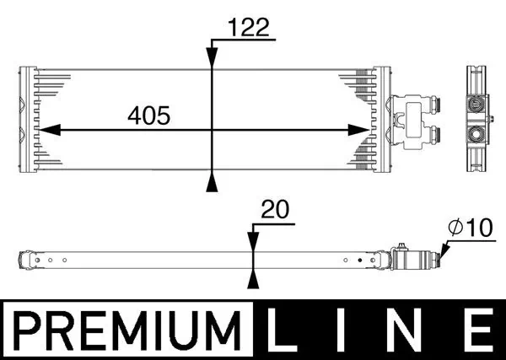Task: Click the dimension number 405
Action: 149,115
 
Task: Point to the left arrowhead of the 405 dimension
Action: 47,130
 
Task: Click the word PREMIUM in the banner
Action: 124,328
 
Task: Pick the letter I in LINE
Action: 346,328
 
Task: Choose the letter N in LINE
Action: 407,328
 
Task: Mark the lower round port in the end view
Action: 477,135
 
